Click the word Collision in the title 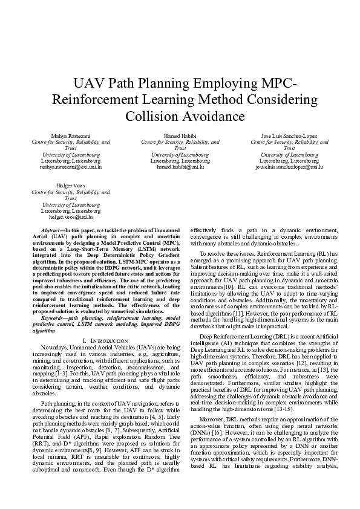point(153,115)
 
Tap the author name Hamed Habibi point(180,135)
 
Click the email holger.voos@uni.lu point(70,216)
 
